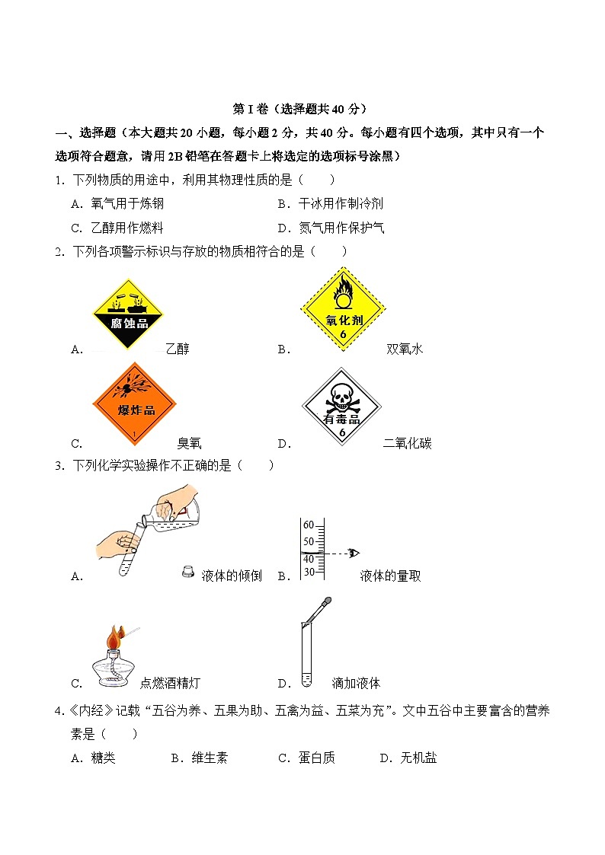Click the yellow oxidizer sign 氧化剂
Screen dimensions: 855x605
tap(343, 308)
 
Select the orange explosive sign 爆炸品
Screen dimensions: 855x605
tap(134, 404)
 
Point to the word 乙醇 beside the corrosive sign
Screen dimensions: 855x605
tap(177, 349)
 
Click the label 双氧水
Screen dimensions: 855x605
tap(405, 349)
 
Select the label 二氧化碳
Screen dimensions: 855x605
tap(408, 444)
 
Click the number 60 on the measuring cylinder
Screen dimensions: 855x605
tap(309, 525)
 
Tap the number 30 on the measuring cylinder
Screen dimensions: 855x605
tap(309, 572)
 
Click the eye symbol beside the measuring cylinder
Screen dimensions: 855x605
tap(354, 553)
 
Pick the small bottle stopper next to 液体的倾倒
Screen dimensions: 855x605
tap(187, 572)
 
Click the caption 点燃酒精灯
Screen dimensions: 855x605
tap(171, 683)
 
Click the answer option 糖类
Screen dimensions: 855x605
tap(103, 758)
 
